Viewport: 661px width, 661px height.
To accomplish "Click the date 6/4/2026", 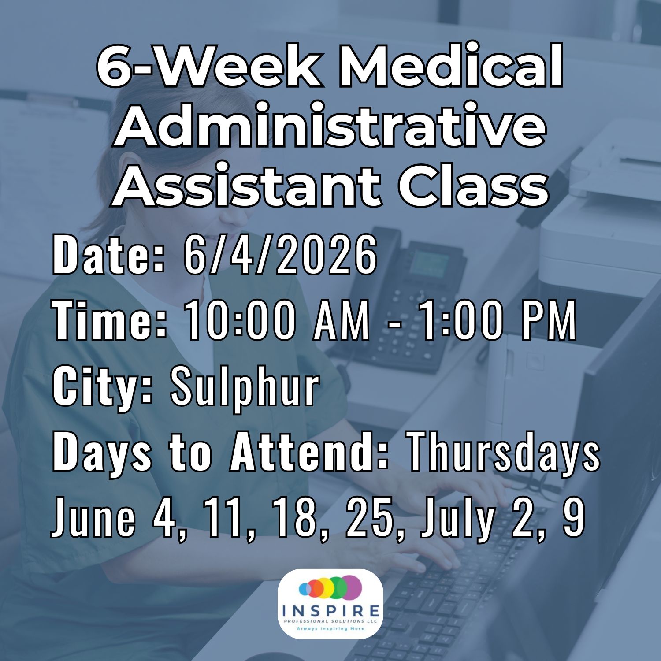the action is (280, 255).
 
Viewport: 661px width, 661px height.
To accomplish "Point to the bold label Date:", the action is (109, 255).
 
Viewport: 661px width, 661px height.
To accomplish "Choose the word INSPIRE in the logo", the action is (330, 611).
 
